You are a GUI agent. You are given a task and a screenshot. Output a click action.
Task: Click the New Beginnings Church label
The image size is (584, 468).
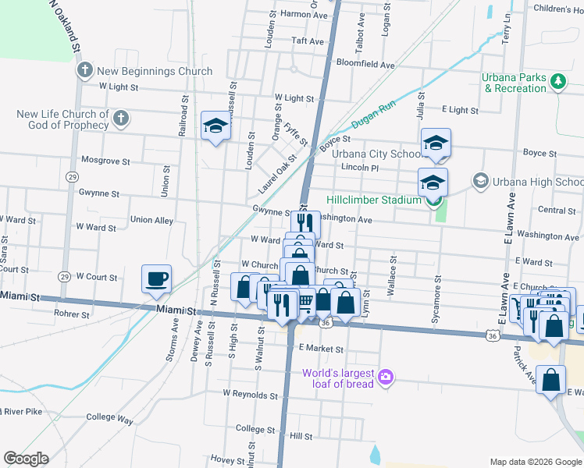pos(155,71)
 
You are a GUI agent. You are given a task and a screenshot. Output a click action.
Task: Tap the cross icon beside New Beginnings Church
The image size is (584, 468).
pos(85,71)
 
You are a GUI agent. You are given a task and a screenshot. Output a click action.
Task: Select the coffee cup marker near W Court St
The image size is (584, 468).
pos(157,278)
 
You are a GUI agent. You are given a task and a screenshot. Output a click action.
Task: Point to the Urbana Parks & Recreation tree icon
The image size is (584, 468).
pos(557,81)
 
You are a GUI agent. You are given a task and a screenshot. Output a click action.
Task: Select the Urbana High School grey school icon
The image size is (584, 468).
pos(480,182)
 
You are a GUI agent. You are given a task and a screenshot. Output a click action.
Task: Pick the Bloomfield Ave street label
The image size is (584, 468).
pos(361,62)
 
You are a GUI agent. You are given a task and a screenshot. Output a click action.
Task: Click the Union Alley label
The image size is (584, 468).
pos(151,221)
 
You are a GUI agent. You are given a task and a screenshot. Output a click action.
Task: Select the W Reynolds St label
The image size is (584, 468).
pos(251,393)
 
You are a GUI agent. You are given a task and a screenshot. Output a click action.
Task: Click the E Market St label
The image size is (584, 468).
pos(321,348)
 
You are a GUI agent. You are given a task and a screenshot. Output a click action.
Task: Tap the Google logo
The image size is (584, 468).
pos(26,459)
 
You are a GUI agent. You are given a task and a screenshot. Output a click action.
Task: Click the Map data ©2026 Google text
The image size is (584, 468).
pos(535,462)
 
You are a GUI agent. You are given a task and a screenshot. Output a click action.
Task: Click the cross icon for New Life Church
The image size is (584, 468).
pos(120,119)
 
